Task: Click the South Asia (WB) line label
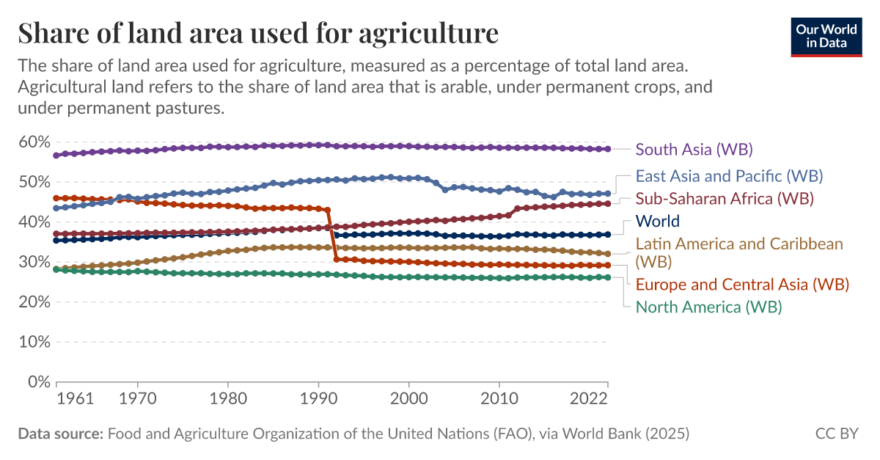pyautogui.click(x=694, y=150)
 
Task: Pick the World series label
pyautogui.click(x=657, y=221)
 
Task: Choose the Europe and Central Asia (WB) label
pyautogui.click(x=742, y=284)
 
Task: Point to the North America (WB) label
pyautogui.click(x=708, y=307)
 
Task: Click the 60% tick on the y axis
pyautogui.click(x=34, y=142)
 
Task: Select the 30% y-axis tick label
pyautogui.click(x=34, y=262)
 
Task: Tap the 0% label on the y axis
pyautogui.click(x=38, y=382)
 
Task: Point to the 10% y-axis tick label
pyautogui.click(x=34, y=342)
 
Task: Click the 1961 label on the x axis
pyautogui.click(x=75, y=399)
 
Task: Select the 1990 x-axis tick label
pyautogui.click(x=318, y=399)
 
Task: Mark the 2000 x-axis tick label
pyautogui.click(x=408, y=399)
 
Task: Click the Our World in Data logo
pyautogui.click(x=826, y=35)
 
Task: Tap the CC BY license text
pyautogui.click(x=836, y=434)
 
